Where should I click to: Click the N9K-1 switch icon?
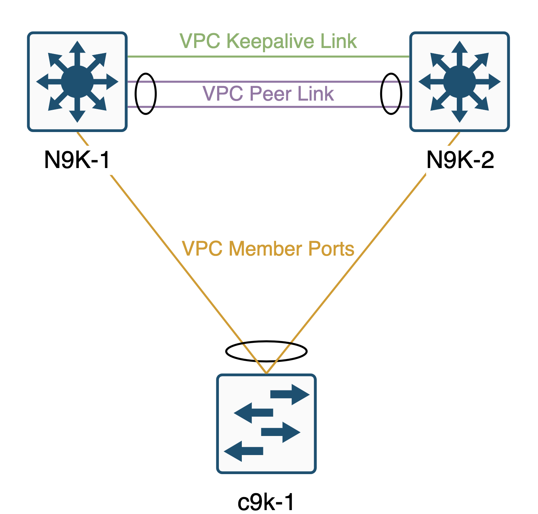coord(77,82)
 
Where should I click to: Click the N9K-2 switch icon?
coord(459,82)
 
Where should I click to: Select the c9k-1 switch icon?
coord(267,423)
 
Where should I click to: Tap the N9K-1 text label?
coord(77,160)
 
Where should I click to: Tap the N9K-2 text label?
coord(460,160)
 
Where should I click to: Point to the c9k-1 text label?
coord(266,502)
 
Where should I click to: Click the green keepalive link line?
coord(268,56)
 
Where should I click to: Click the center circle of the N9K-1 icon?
coord(77,82)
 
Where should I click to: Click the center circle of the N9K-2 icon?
coord(459,82)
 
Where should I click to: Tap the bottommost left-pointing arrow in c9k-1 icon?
coord(244,451)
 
